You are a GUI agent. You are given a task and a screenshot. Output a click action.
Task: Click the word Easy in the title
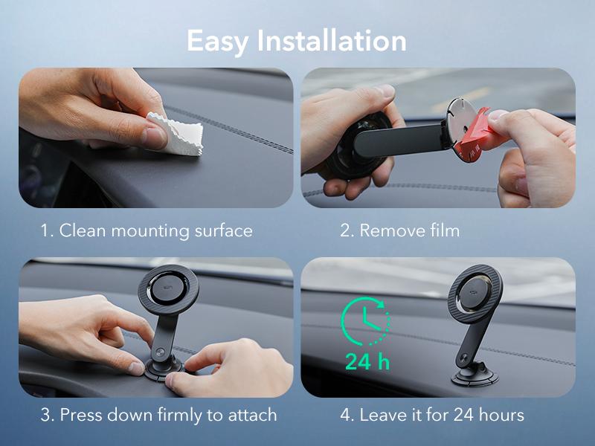click(x=218, y=40)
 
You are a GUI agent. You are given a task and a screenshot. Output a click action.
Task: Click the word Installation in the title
click(x=332, y=40)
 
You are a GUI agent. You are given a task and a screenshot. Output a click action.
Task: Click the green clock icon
click(x=364, y=320)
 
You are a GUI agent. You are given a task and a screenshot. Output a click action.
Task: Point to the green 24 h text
click(x=367, y=363)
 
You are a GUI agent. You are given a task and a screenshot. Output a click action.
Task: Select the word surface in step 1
click(x=221, y=230)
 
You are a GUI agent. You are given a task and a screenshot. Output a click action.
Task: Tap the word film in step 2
click(x=444, y=230)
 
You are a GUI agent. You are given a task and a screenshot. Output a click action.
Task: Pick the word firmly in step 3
click(x=176, y=414)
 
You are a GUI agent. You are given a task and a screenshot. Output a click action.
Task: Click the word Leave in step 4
click(x=383, y=414)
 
